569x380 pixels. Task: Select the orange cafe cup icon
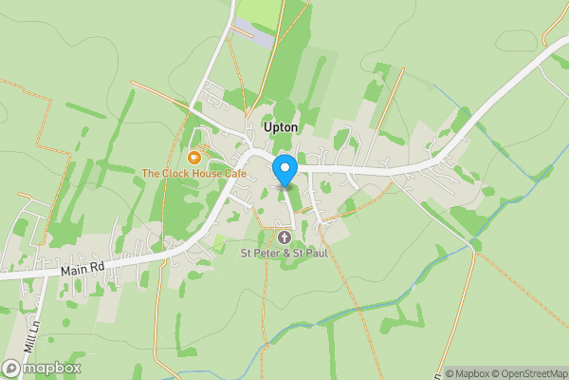tap(193, 157)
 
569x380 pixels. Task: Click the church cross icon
tap(284, 236)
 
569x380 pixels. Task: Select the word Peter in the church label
tap(268, 253)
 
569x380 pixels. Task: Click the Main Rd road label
tap(83, 268)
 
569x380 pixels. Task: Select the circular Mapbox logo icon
tap(12, 368)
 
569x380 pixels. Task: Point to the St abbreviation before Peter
tap(246, 253)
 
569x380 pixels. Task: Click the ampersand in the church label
tap(290, 253)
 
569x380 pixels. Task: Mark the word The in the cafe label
tap(151, 174)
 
